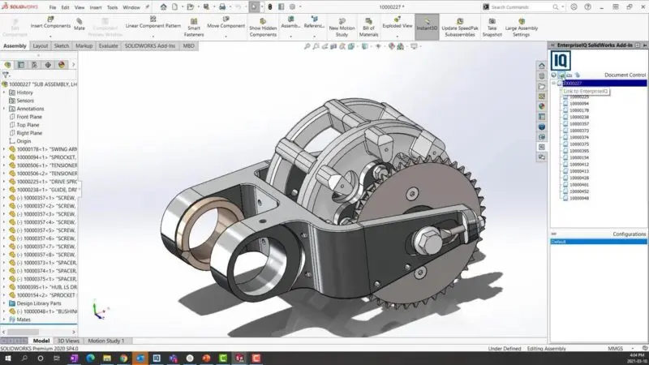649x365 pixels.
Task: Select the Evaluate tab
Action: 108,46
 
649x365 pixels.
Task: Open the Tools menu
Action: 111,6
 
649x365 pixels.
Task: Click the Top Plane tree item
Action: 28,125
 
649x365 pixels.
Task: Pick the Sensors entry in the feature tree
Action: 25,101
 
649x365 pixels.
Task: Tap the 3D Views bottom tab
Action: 68,341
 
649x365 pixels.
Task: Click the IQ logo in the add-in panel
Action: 560,60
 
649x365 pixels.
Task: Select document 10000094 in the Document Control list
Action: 579,103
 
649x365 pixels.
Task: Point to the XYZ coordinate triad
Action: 97,310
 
